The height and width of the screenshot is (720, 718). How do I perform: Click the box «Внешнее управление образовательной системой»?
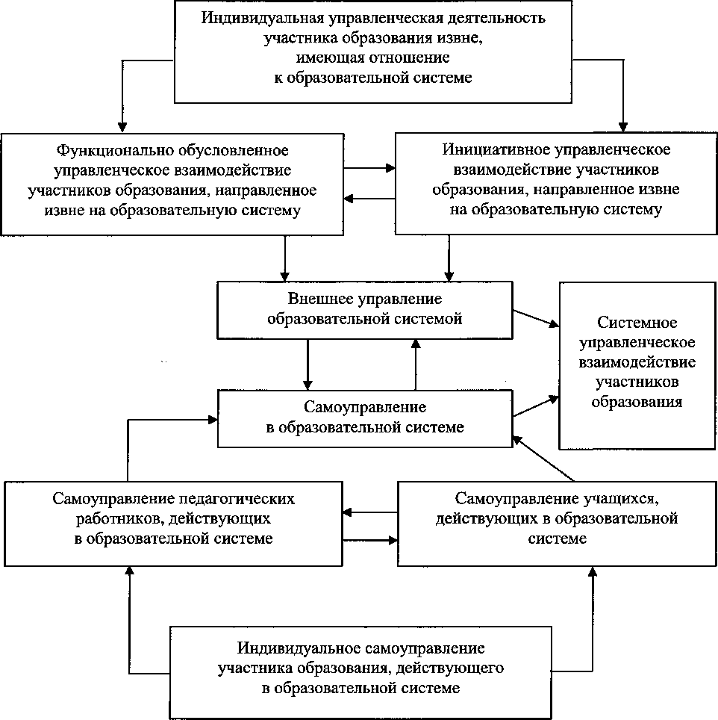(365, 309)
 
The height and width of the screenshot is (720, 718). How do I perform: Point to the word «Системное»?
(637, 323)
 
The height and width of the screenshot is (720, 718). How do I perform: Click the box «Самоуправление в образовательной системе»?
(365, 418)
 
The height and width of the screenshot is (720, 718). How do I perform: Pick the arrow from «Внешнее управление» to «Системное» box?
(534, 318)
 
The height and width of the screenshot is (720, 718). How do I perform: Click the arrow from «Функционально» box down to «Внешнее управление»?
(284, 258)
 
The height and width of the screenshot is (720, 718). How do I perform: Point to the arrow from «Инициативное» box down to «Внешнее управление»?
(449, 258)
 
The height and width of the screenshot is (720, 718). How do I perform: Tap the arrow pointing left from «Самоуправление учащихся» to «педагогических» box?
(369, 512)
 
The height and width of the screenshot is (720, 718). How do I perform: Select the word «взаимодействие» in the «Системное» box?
(637, 362)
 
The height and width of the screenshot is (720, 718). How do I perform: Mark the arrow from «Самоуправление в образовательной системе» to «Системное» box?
(534, 407)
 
